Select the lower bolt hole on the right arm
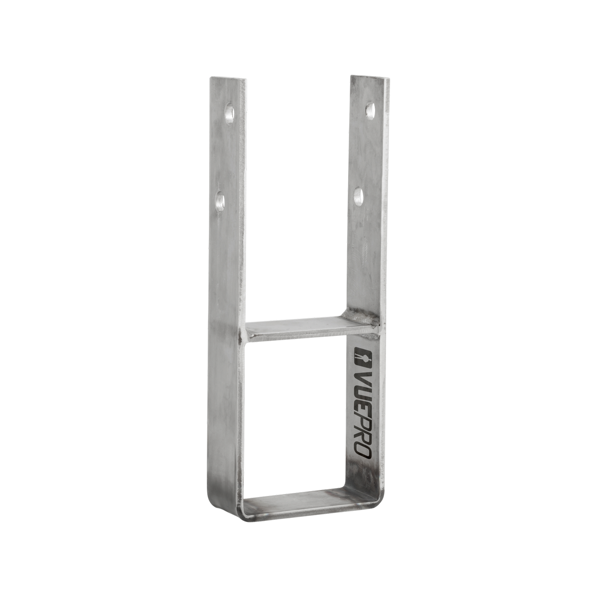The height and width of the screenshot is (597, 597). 358,197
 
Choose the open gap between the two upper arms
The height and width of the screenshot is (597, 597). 298,199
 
